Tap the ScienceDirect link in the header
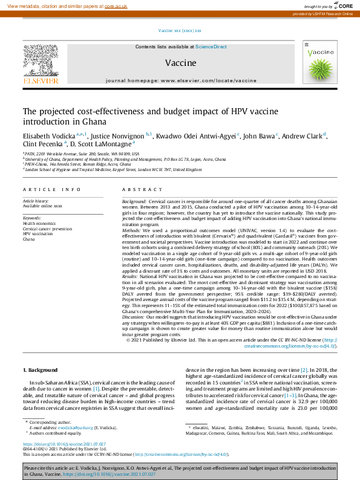click(211, 47)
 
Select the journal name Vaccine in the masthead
click(180, 63)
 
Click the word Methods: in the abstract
click(133, 230)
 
